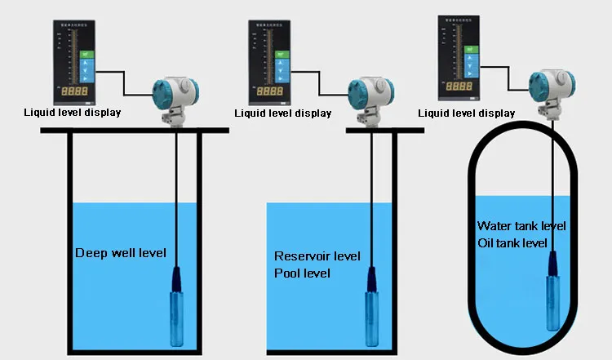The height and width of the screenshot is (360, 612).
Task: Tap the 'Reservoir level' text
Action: [x=317, y=256]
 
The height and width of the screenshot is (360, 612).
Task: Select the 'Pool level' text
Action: [x=302, y=273]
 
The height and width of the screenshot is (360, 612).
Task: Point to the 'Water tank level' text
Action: [x=521, y=225]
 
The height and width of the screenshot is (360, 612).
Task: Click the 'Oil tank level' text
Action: [x=512, y=242]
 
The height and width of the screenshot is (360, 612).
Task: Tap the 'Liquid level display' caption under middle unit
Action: [x=282, y=113]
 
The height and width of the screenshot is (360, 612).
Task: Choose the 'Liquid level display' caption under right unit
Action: [x=466, y=113]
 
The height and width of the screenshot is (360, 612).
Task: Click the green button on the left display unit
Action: [x=86, y=55]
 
